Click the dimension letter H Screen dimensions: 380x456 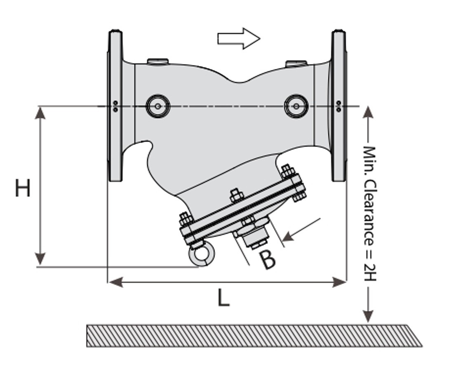(x=23, y=188)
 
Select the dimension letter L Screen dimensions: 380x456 (x=223, y=298)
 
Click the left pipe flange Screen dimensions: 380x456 (x=115, y=106)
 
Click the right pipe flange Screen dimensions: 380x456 (x=339, y=106)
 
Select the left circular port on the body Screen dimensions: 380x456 (x=158, y=106)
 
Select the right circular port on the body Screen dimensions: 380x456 (x=296, y=106)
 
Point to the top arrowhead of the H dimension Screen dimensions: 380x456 (x=40, y=113)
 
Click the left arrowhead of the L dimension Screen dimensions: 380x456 (x=115, y=282)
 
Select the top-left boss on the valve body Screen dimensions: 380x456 (x=157, y=61)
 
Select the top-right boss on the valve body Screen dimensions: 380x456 (x=296, y=63)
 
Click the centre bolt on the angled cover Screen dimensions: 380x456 (x=235, y=195)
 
